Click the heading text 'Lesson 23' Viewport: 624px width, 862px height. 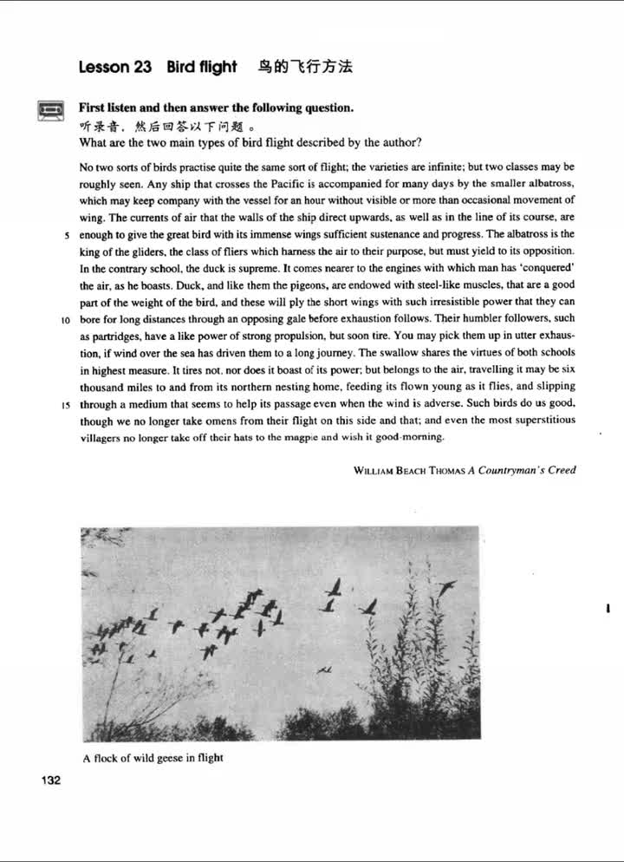pyautogui.click(x=115, y=67)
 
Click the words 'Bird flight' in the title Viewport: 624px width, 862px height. pyautogui.click(x=202, y=67)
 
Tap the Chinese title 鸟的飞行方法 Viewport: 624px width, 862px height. pyautogui.click(x=305, y=66)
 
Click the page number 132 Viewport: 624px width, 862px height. pyautogui.click(x=50, y=780)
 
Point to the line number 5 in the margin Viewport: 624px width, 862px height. pyautogui.click(x=67, y=235)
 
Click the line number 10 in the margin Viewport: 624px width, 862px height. pyautogui.click(x=66, y=319)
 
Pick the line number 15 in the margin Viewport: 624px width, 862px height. pyautogui.click(x=66, y=404)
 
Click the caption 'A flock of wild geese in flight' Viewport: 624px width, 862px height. pyautogui.click(x=153, y=758)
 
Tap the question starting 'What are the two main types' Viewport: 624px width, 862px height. pyautogui.click(x=250, y=142)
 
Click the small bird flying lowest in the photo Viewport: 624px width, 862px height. pyautogui.click(x=324, y=669)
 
